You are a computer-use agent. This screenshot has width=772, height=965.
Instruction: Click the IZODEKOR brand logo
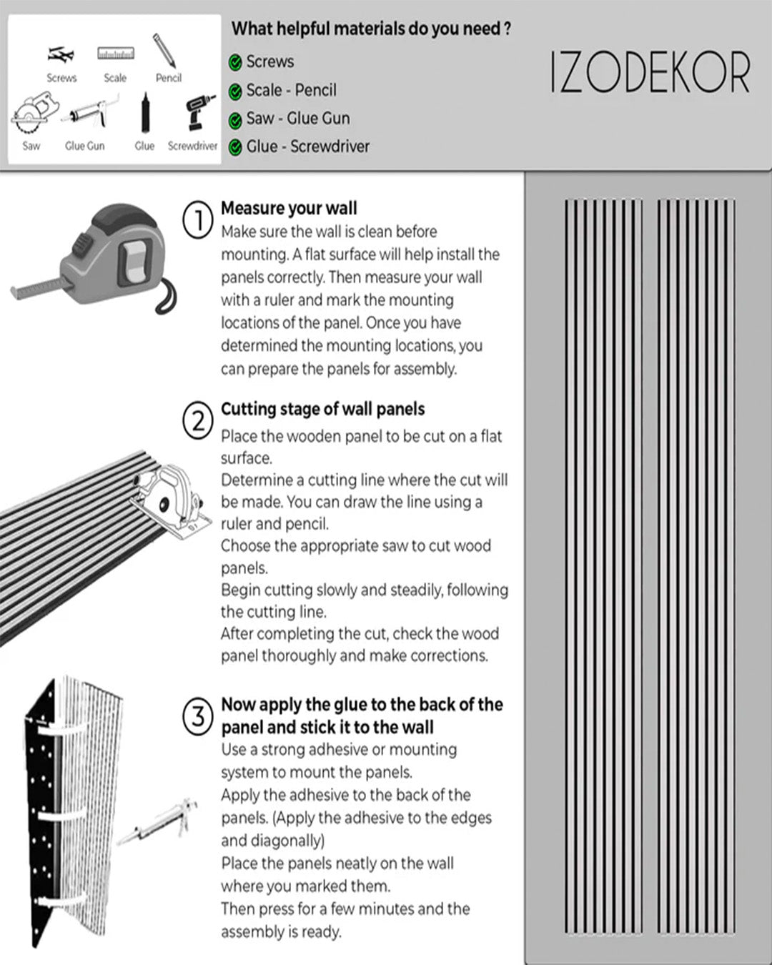click(x=650, y=73)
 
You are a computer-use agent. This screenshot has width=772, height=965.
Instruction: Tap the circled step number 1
click(x=198, y=219)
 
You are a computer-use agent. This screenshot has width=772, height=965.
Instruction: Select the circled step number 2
click(x=198, y=421)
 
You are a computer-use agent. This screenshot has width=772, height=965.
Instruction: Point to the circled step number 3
click(x=198, y=717)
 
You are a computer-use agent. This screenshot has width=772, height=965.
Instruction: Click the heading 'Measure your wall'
click(x=289, y=208)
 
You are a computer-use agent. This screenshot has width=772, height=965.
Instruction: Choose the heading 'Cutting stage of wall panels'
click(x=322, y=409)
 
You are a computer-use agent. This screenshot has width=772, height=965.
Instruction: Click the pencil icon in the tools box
click(x=164, y=51)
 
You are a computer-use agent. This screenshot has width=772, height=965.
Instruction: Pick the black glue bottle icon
click(x=145, y=114)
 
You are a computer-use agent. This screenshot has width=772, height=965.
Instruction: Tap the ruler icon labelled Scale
click(x=116, y=54)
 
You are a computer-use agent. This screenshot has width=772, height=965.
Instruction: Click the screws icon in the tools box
click(x=61, y=54)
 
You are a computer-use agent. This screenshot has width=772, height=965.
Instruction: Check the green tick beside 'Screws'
click(x=235, y=63)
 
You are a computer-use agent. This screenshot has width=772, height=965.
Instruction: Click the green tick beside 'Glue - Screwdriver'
click(x=235, y=148)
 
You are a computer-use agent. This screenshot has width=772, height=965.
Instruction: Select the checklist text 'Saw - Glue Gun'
click(x=298, y=118)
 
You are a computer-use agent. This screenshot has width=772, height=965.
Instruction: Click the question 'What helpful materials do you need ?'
click(x=371, y=29)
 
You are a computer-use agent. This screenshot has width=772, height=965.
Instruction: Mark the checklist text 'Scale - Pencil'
click(x=291, y=90)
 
